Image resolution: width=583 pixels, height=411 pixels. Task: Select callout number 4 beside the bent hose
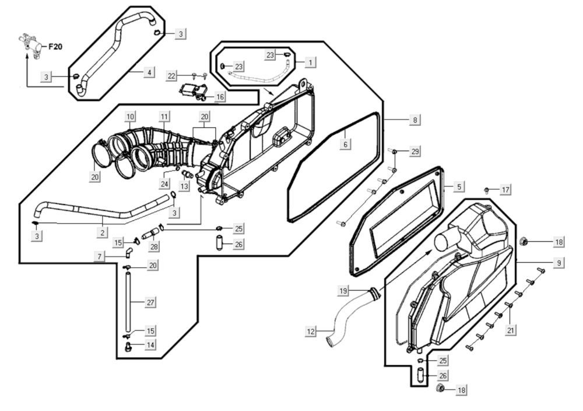pos(149,72)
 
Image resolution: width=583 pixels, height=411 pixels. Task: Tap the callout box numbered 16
pos(220,96)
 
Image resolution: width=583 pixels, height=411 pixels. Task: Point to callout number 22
pos(171,76)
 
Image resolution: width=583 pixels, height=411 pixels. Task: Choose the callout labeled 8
pos(415,120)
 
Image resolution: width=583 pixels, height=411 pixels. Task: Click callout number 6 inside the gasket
pos(345,144)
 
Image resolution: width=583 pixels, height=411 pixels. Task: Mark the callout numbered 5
pos(459,187)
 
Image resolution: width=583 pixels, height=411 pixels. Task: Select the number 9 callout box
pos(559,263)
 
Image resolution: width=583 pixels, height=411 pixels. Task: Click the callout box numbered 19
pos(344,290)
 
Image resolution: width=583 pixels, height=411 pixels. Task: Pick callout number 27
pos(150,302)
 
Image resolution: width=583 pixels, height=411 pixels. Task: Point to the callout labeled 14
pos(150,345)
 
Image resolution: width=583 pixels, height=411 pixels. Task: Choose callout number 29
pos(415,151)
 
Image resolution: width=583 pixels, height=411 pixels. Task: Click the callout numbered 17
pos(505,190)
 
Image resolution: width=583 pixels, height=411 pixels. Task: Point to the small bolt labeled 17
pos(486,190)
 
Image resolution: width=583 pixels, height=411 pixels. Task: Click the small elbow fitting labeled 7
pos(128,252)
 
